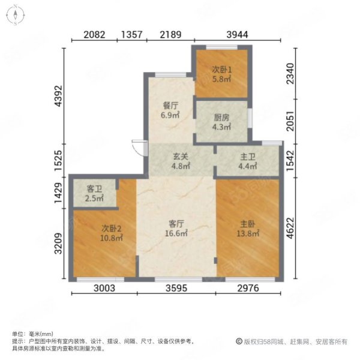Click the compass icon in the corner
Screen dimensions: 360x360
click(x=16, y=15)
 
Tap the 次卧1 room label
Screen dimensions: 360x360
click(x=221, y=70)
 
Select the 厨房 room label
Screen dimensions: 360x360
click(x=221, y=118)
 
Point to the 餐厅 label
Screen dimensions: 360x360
click(x=170, y=106)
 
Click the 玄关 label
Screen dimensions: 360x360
click(x=181, y=157)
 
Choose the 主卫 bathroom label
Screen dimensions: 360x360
click(x=248, y=157)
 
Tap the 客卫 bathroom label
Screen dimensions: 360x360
click(x=94, y=189)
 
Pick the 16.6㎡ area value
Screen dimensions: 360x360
click(x=176, y=233)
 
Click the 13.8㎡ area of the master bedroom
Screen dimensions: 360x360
click(x=248, y=233)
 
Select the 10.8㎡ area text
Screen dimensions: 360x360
click(x=112, y=238)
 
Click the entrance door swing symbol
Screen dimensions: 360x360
click(x=140, y=148)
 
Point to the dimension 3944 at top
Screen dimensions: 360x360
click(x=238, y=35)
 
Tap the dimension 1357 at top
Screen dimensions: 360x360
click(x=132, y=35)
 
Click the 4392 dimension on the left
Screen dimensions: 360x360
click(x=58, y=96)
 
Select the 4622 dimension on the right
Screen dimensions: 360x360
click(x=290, y=228)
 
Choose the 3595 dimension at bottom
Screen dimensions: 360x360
click(x=176, y=288)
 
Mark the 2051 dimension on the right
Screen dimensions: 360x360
click(x=290, y=121)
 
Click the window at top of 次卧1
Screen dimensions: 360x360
click(x=221, y=47)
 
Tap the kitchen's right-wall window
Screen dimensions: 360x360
click(x=250, y=118)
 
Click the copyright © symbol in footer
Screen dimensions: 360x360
click(x=239, y=341)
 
